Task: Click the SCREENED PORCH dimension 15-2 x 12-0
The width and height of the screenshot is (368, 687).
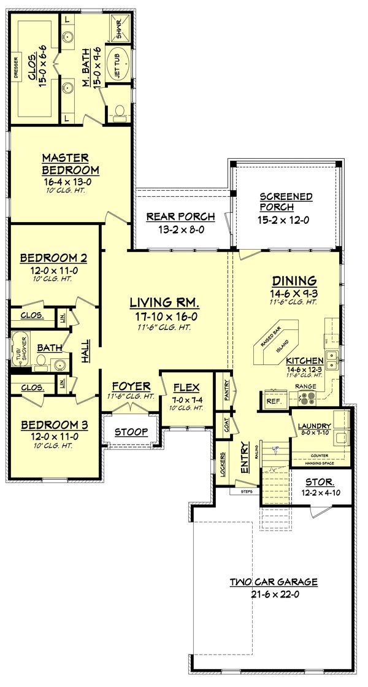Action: (286, 220)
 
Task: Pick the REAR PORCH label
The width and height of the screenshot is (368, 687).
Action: (180, 216)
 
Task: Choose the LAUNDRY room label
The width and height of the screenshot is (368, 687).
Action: (315, 426)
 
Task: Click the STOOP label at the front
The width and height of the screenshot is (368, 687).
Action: (131, 432)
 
